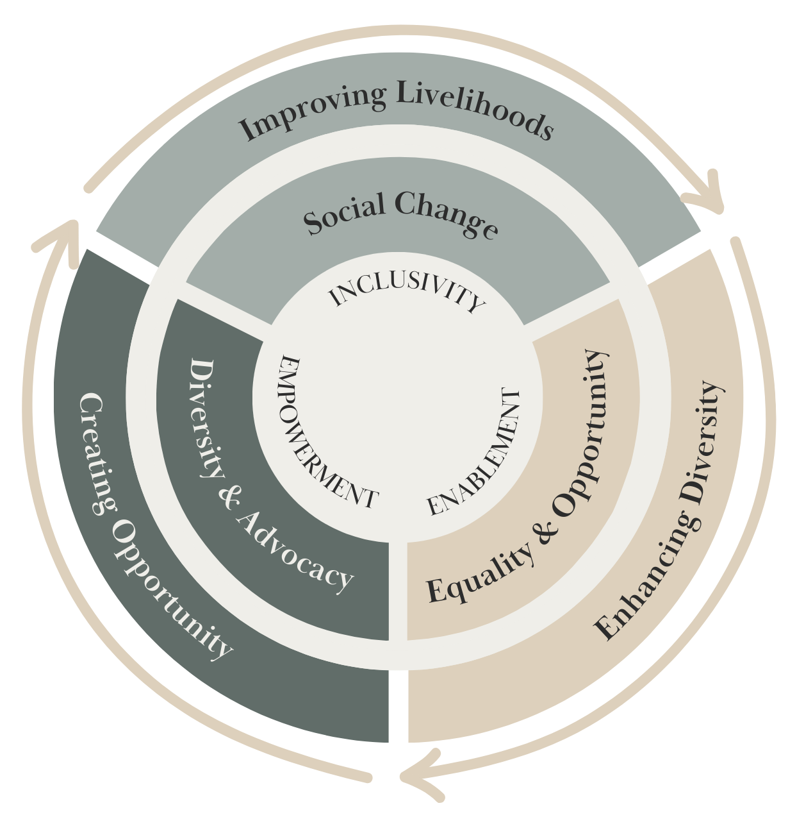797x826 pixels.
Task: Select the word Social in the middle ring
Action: click(x=343, y=214)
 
